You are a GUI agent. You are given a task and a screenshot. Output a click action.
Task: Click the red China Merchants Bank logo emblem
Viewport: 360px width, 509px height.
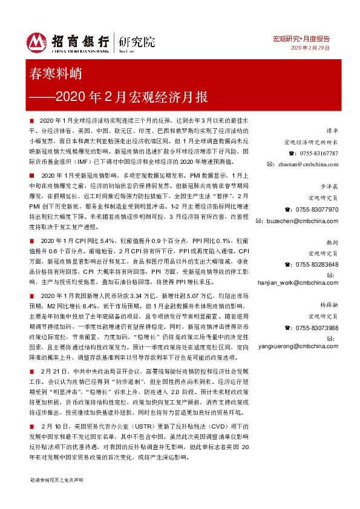38,41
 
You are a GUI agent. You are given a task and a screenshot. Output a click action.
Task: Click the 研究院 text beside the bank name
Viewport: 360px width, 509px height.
137,41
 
